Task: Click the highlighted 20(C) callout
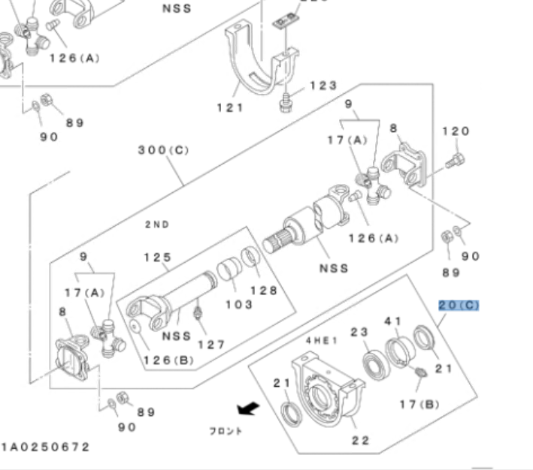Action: tap(459, 306)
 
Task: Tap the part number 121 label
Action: tap(231, 107)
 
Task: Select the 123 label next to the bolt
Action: tap(323, 86)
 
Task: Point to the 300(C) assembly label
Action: tap(164, 150)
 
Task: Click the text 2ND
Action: tap(157, 224)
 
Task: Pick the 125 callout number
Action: tap(157, 258)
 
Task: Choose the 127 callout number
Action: tap(211, 345)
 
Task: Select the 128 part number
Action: tap(264, 291)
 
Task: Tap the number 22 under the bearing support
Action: tap(361, 440)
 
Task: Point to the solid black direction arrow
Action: tap(245, 409)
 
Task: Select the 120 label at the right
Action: tap(455, 131)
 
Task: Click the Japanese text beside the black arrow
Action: tap(226, 431)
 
